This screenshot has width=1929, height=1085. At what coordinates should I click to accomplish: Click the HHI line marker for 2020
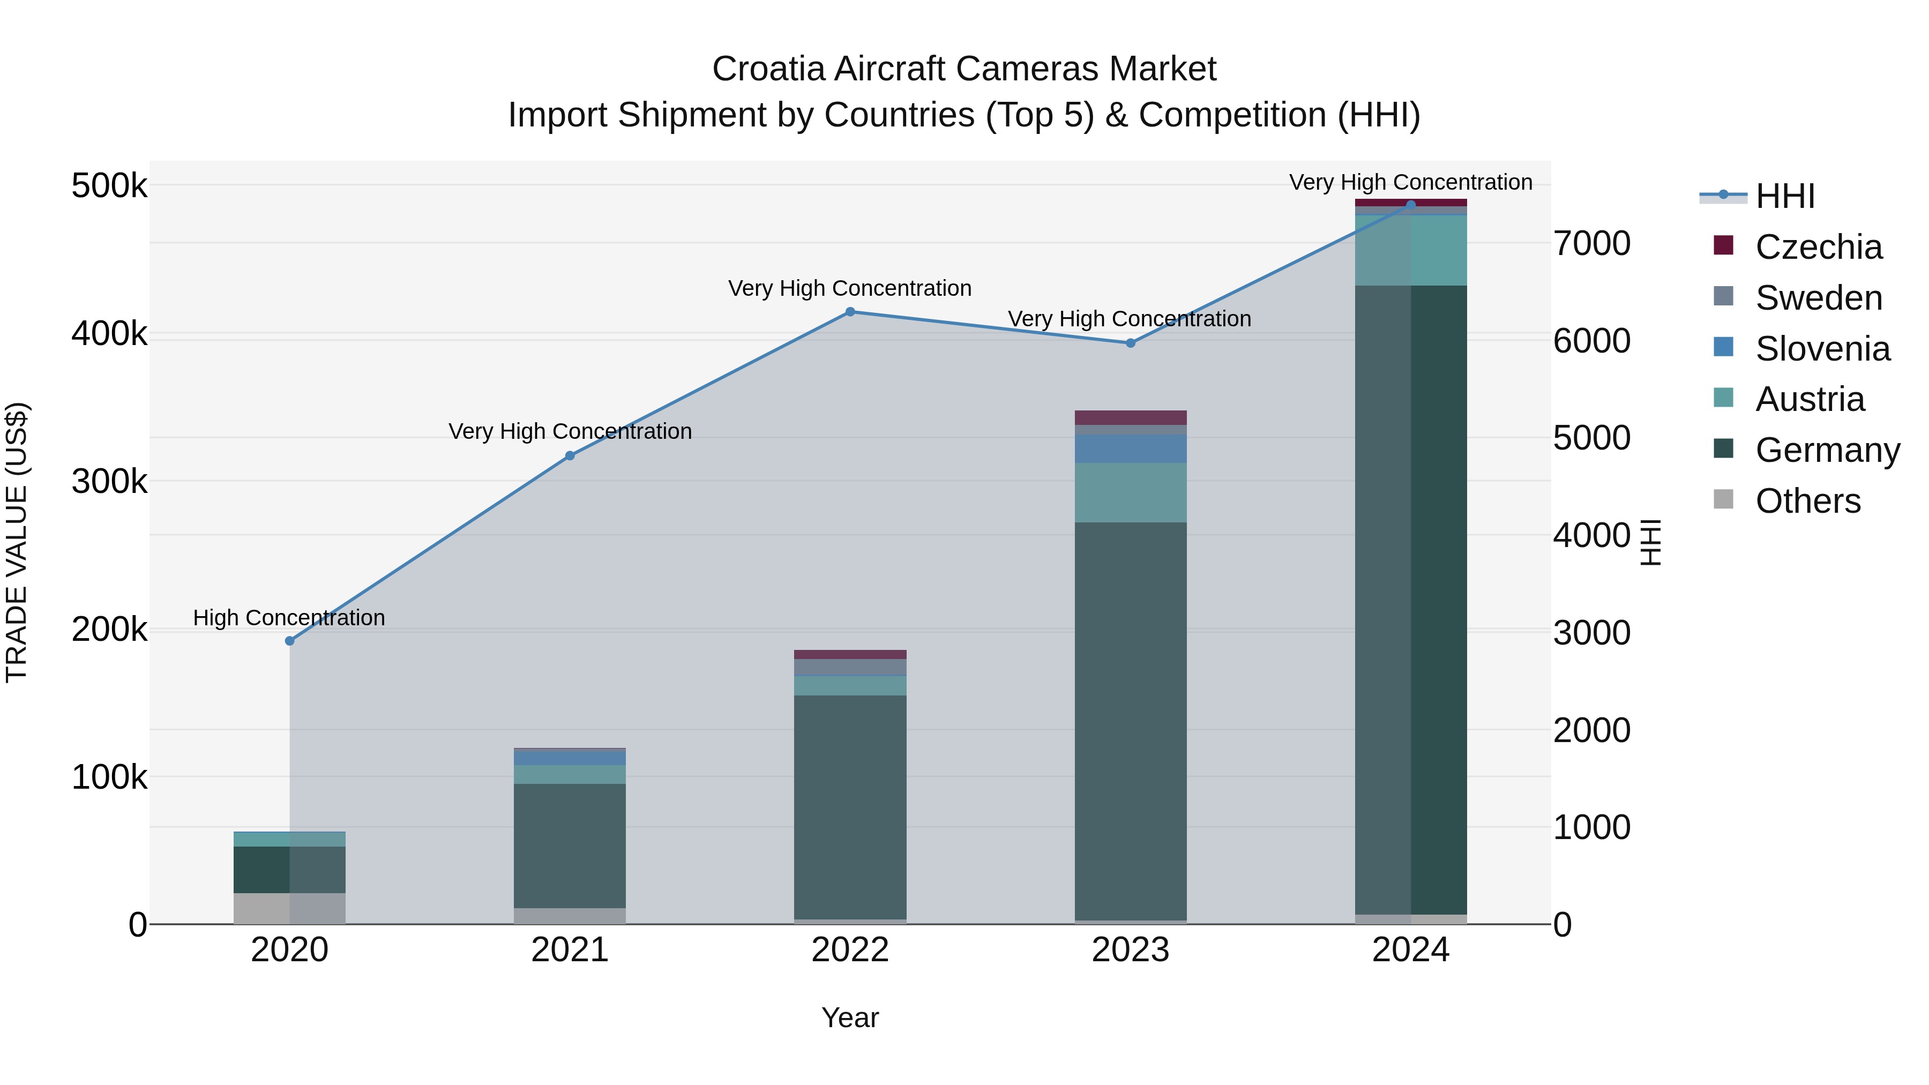[x=290, y=641]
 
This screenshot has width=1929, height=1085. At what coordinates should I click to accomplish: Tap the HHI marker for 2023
[x=1131, y=343]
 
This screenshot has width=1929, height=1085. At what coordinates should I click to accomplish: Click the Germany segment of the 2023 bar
[x=1131, y=719]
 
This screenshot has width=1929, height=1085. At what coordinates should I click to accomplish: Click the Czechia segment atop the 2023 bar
[x=1131, y=417]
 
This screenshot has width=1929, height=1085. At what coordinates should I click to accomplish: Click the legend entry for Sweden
[x=1818, y=298]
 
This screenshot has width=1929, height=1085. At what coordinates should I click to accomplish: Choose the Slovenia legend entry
[x=1822, y=349]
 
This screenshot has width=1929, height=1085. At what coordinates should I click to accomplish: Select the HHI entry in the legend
[x=1784, y=196]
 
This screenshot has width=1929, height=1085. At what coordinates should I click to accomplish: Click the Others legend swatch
[x=1723, y=499]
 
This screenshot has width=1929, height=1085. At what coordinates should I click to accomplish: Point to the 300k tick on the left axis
[x=109, y=482]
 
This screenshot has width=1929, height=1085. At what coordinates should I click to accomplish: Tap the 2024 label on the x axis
[x=1410, y=950]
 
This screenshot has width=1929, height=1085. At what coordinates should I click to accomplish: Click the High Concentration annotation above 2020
[x=289, y=618]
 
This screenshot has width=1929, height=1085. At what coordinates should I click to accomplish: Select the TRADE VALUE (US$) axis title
[x=17, y=542]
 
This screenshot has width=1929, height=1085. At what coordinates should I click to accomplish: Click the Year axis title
[x=850, y=1017]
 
